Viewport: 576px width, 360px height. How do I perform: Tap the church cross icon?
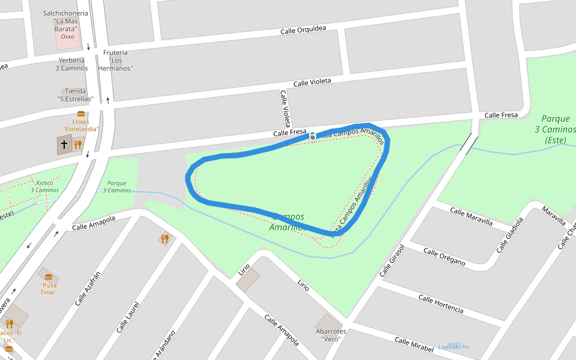tap(64, 145)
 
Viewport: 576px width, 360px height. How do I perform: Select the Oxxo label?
tap(67, 37)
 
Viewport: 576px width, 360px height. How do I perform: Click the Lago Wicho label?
tap(454, 347)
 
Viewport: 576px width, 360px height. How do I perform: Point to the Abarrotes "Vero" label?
tap(331, 335)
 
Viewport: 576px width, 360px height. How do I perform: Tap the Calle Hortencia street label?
tap(440, 304)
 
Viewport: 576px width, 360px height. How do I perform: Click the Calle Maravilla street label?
tap(471, 217)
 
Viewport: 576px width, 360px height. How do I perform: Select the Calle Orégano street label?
tap(444, 256)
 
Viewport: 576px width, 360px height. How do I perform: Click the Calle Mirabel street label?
tap(414, 344)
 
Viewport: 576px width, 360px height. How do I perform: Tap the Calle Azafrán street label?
tap(88, 289)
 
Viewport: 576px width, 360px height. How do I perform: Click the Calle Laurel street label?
tap(128, 317)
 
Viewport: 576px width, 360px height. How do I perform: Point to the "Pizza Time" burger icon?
tap(49, 277)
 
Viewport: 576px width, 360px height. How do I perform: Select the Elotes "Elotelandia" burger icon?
tap(80, 114)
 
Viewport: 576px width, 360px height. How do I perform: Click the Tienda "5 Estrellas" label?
tap(75, 95)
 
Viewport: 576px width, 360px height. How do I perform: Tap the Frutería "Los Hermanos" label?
tap(115, 60)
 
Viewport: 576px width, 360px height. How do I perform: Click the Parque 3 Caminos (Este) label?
tap(555, 129)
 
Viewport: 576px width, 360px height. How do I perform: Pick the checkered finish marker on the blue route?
tap(313, 135)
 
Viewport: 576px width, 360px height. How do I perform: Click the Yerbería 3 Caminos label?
tap(71, 64)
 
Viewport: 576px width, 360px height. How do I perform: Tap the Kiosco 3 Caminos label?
tap(45, 187)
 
